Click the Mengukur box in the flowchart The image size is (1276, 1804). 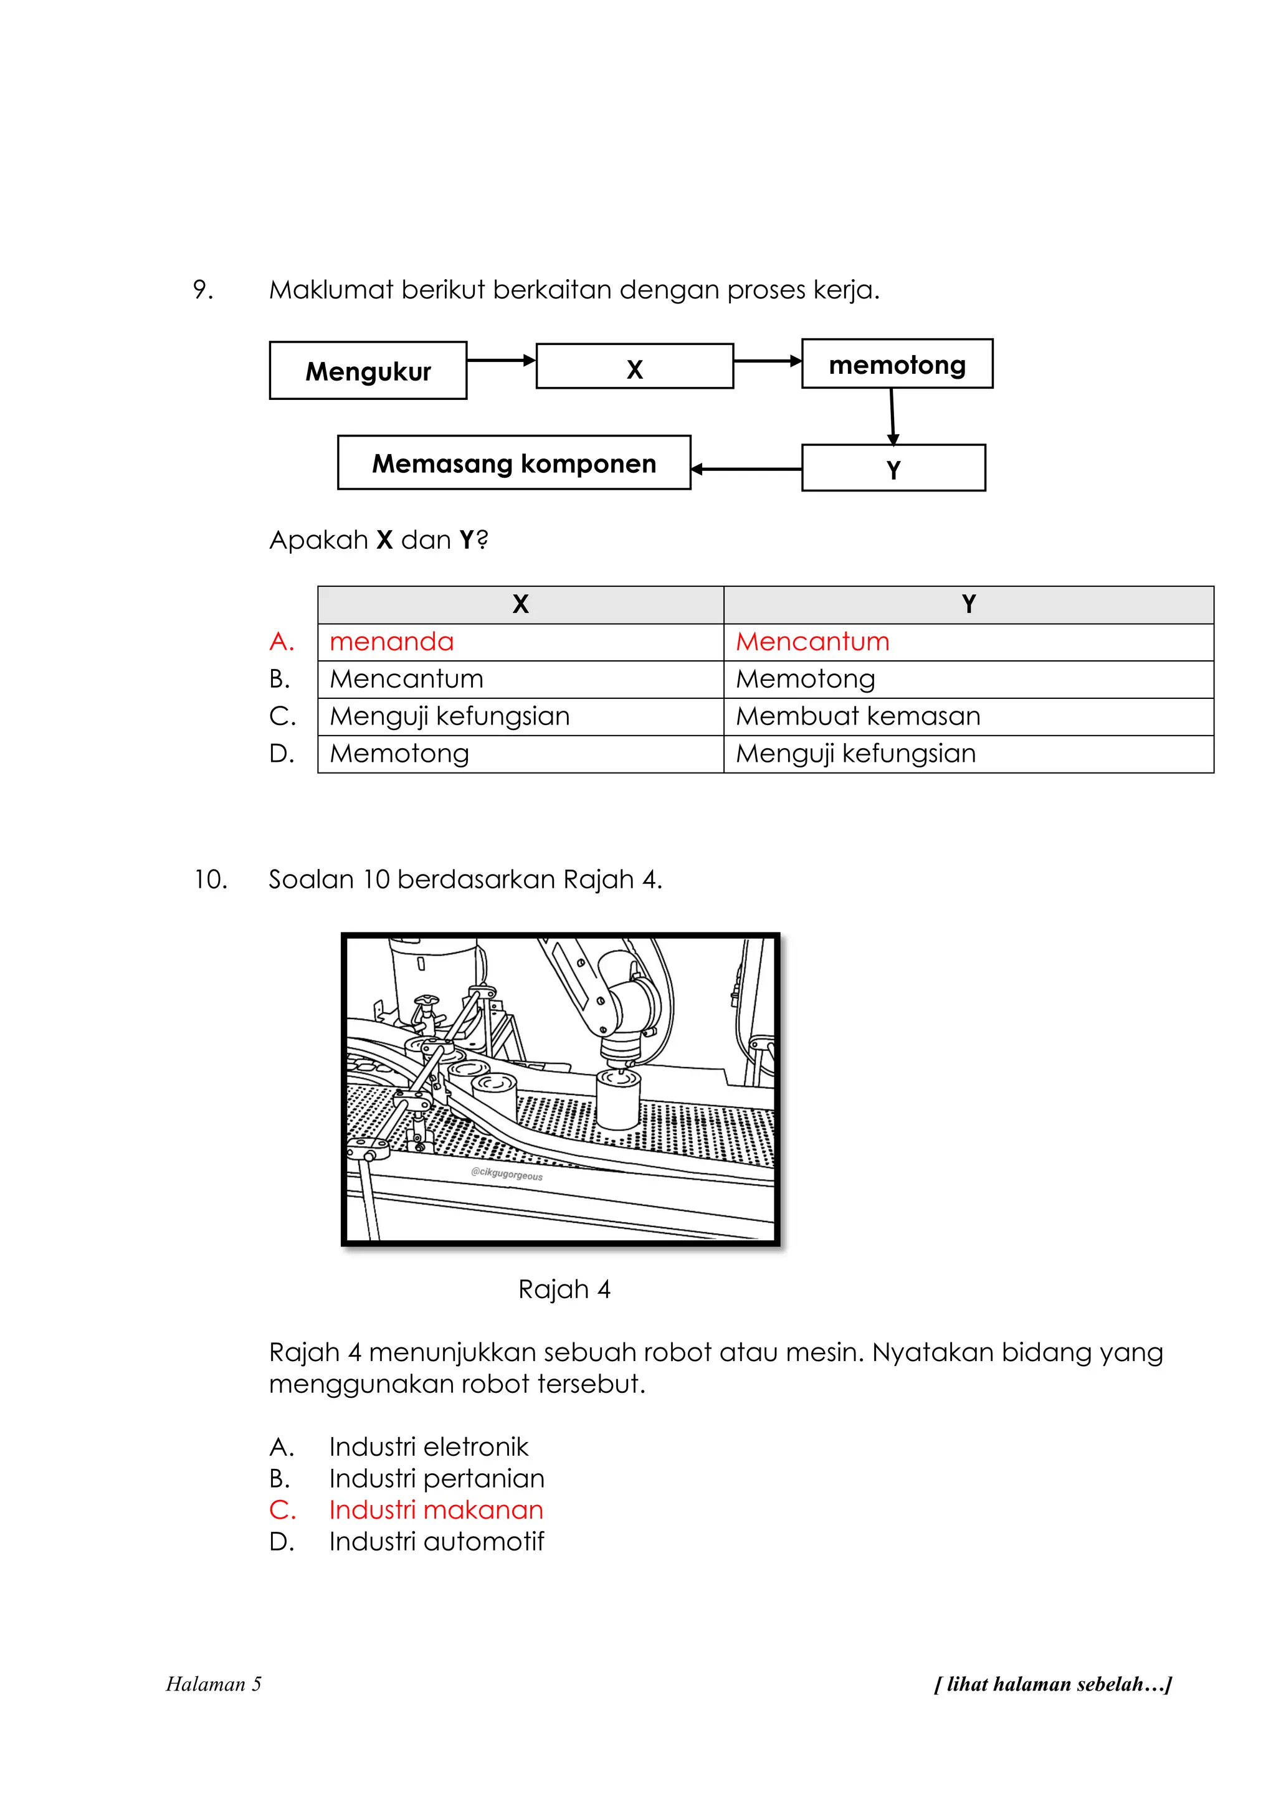(x=368, y=370)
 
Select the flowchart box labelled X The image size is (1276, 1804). (x=634, y=366)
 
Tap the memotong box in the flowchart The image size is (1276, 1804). (x=897, y=364)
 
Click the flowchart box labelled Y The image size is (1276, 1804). (x=893, y=468)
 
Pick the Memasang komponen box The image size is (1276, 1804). (x=514, y=463)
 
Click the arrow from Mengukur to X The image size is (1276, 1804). (x=500, y=361)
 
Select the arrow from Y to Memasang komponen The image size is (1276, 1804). (x=746, y=469)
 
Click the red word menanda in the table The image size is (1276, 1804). (x=391, y=642)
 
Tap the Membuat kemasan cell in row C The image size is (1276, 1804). (x=857, y=716)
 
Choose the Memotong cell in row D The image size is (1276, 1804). (x=399, y=754)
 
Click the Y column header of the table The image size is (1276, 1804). (x=968, y=604)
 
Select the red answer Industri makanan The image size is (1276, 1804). (x=436, y=1510)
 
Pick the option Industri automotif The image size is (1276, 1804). (x=436, y=1542)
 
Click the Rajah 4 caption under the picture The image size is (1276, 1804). (x=564, y=1289)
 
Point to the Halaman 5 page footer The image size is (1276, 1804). (x=214, y=1684)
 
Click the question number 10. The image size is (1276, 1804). (x=211, y=879)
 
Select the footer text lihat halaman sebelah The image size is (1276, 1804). (x=1052, y=1684)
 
